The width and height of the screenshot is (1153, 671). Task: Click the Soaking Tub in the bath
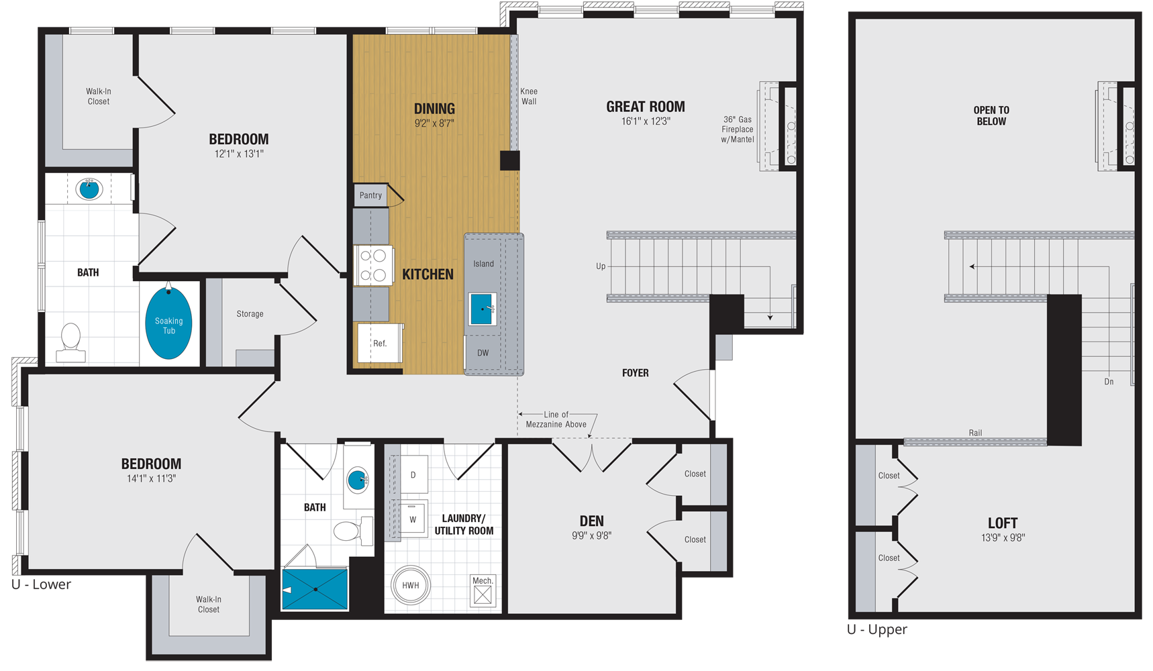coord(168,324)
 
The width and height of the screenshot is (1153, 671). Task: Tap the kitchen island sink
coord(482,309)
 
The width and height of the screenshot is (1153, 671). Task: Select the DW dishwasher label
coord(483,353)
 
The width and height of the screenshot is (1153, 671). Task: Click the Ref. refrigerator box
coord(379,343)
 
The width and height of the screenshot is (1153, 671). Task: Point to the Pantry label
coord(370,195)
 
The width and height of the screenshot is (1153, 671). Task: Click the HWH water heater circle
coord(410,585)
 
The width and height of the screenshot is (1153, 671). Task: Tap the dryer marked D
coord(413,475)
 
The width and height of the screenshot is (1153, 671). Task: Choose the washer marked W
coord(413,519)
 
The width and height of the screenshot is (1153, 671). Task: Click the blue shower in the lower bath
coord(315,589)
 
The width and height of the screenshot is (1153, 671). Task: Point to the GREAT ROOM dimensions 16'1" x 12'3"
coord(646,121)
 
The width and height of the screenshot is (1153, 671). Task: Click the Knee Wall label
coord(529,96)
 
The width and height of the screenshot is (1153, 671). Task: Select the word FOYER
coord(635,373)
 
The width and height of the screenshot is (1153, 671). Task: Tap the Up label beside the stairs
coord(601,266)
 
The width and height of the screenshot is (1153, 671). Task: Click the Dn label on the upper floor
coord(1109,382)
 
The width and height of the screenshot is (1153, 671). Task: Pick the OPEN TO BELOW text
coord(991,115)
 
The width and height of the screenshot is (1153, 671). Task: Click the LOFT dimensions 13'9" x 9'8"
coord(1003,537)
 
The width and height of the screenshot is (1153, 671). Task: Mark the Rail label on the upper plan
coord(975,433)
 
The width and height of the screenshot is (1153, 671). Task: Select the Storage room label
coord(250,314)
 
